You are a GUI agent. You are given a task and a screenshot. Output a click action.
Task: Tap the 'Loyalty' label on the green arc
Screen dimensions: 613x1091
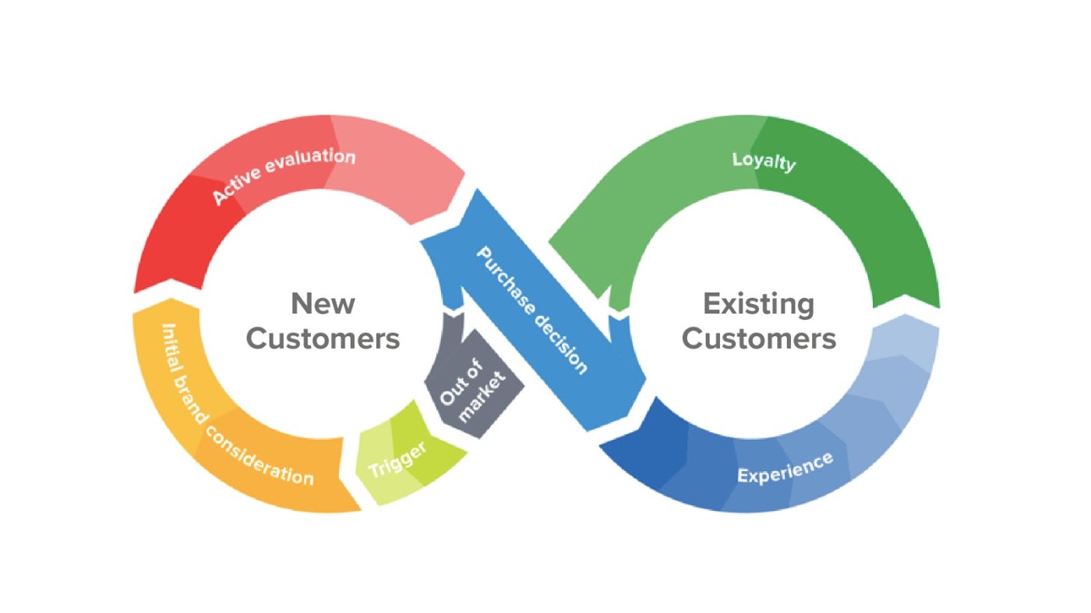pos(764,161)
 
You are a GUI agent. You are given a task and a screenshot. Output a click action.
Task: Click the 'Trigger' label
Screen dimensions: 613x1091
pos(397,459)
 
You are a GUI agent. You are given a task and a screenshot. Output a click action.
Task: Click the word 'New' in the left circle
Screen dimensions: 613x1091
pos(323,303)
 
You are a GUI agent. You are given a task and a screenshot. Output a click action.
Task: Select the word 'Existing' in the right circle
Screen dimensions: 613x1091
pos(758,303)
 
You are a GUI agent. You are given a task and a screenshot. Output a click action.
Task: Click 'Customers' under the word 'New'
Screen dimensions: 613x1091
pos(323,339)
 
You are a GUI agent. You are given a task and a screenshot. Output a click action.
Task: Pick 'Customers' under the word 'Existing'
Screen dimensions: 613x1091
pos(758,339)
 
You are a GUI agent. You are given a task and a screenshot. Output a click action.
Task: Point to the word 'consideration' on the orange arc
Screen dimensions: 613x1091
pos(261,455)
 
